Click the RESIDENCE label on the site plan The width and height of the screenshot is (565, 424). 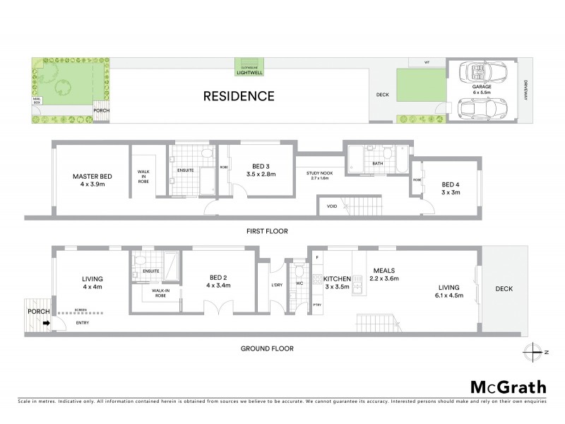coord(239,95)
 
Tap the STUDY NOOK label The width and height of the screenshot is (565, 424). coord(319,175)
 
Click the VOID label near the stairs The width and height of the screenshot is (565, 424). coord(331,206)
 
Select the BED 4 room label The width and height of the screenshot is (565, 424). coord(451,185)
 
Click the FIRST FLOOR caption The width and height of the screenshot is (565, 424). coord(267,231)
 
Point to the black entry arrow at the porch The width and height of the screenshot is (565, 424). coord(47,324)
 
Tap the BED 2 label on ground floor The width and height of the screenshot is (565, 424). coord(218,281)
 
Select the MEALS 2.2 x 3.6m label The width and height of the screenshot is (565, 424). coord(384,273)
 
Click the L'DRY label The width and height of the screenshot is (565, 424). coord(277,285)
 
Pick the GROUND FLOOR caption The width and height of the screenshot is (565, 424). coord(266,348)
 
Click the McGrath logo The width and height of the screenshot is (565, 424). coord(508,387)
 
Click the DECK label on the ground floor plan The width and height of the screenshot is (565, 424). coord(504,288)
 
